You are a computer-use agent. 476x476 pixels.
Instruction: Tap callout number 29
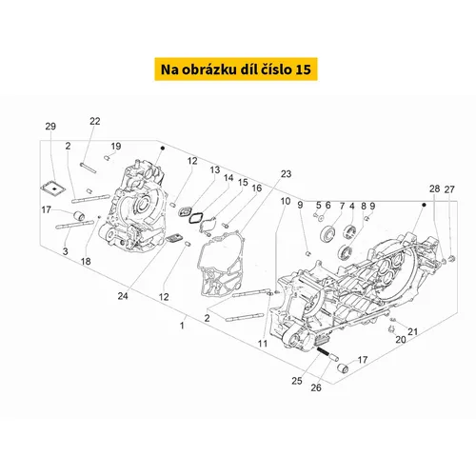pos(50,127)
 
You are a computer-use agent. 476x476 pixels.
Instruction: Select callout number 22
pos(94,121)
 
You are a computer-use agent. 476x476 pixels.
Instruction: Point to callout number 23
pos(286,173)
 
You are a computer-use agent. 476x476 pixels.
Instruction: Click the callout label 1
pos(182,326)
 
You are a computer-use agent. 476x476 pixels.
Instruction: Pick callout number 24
pos(123,296)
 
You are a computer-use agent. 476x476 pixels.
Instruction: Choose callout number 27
pos(449,189)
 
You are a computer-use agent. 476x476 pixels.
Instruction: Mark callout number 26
pos(316,387)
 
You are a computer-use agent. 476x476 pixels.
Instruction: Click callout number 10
pos(286,201)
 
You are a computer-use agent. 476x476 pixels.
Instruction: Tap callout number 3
pos(65,251)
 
